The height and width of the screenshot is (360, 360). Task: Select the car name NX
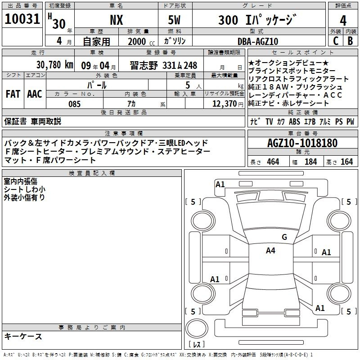point(116,21)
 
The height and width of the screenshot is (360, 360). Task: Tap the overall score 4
point(343,21)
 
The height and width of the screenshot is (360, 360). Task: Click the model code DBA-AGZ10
point(258,41)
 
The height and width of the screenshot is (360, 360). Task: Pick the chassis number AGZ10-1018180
point(302,143)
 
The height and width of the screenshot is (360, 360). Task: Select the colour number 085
point(74,104)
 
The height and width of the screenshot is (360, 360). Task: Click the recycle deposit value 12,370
point(225,104)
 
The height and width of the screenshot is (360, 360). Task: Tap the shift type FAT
point(13,94)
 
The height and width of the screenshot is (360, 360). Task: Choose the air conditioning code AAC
point(34,94)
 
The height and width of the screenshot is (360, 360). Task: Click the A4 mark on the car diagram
point(270,251)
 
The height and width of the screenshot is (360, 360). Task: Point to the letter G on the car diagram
point(284,237)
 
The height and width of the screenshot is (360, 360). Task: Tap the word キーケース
point(23,337)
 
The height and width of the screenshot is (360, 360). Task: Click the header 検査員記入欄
point(92,173)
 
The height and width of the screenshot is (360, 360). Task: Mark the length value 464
point(273,162)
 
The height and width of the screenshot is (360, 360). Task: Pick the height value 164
point(346,162)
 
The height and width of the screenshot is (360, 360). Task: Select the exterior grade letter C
point(335,41)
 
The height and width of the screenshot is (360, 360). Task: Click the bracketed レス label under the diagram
point(197,345)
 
